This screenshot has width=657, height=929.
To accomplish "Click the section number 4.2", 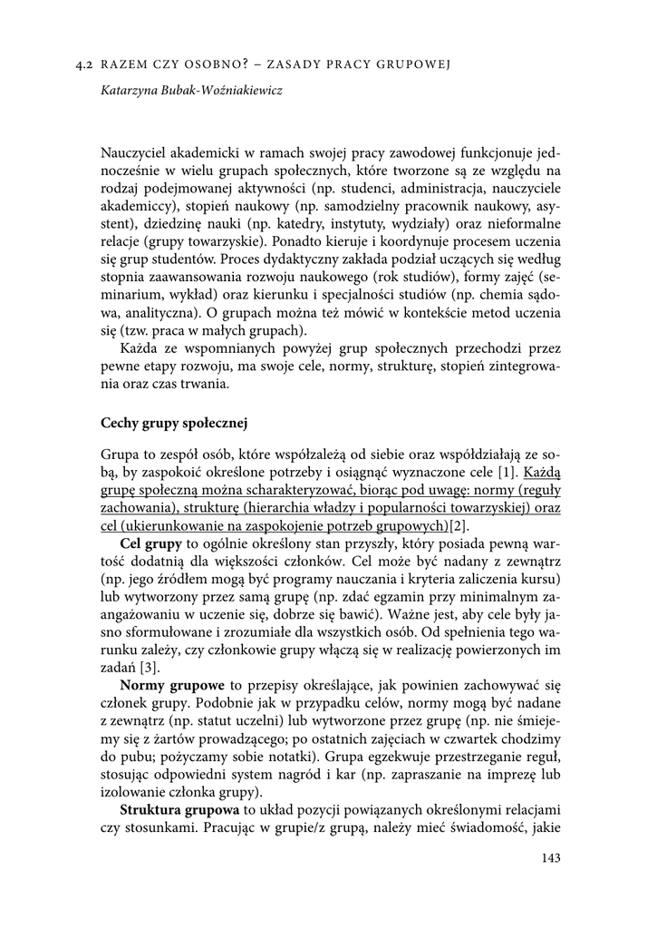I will pos(86,64).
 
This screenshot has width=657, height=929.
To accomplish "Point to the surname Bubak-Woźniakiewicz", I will pos(225,92).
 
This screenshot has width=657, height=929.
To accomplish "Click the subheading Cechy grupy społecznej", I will pos(174,422).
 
